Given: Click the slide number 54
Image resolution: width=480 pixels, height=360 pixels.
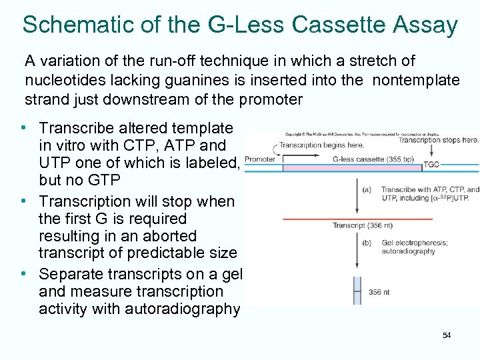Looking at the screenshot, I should click(x=447, y=335).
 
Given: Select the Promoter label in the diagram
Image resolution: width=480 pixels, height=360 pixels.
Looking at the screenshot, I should click(x=259, y=159).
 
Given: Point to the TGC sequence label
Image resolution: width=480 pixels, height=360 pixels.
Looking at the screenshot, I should click(x=431, y=164).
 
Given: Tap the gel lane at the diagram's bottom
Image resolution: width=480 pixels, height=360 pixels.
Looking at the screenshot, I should click(x=357, y=291).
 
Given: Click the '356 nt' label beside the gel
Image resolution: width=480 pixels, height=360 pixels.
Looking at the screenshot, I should click(x=379, y=291).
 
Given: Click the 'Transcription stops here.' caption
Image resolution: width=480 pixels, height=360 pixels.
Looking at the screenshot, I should click(x=438, y=140).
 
